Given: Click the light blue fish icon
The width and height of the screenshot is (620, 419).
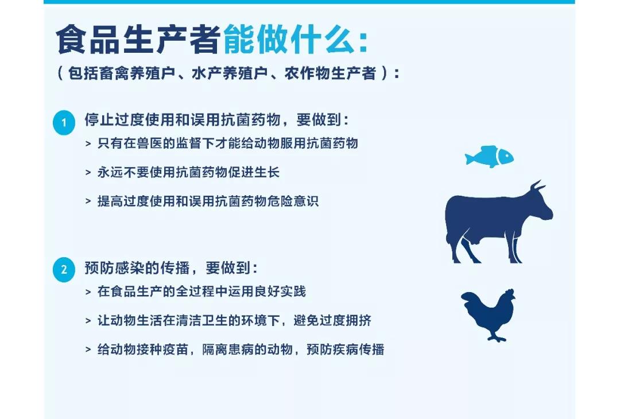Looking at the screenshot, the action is coord(489,157).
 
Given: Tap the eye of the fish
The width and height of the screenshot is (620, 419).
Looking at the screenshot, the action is coord(505,156).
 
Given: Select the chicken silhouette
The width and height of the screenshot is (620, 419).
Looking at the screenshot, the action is coord(489,315).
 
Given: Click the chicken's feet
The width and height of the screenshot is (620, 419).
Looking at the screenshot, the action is coord(496,337).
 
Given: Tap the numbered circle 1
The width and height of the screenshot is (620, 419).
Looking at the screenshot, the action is coord(64,122).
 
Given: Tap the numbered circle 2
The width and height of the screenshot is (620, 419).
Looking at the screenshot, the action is coord(64,270).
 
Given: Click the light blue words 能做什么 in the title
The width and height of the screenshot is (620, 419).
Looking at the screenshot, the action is coord(289,40).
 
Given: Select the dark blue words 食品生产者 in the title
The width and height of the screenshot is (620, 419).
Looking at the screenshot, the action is coord(138,40).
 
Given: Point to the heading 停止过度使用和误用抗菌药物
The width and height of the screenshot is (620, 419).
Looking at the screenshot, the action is coord(183,119).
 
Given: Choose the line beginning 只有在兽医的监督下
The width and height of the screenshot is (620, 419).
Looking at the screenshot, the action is coord(228,143).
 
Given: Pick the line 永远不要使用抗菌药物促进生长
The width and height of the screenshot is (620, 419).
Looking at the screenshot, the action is coord(189,172).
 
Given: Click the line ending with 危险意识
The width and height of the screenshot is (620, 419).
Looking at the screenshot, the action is coord(208,201).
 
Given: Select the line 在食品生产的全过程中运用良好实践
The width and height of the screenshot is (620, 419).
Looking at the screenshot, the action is coord(201,292).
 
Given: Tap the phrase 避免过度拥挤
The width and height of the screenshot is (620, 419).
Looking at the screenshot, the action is coord(332,321).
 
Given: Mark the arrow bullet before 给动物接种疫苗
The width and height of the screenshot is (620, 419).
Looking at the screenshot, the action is coord(88,350).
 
